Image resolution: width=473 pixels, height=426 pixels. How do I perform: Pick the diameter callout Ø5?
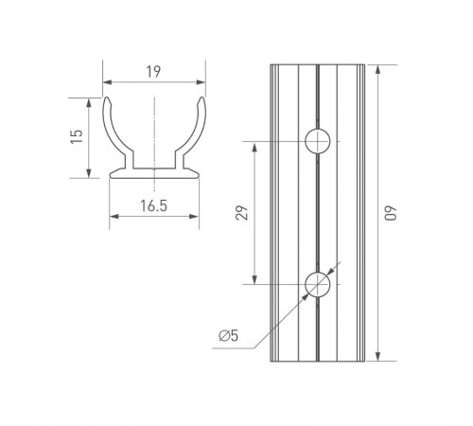pyautogui.click(x=228, y=335)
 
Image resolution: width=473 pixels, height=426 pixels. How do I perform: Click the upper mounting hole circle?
pyautogui.click(x=318, y=142)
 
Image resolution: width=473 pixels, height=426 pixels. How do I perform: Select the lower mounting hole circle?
pyautogui.click(x=318, y=283)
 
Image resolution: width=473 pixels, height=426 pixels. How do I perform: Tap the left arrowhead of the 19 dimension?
pyautogui.click(x=107, y=82)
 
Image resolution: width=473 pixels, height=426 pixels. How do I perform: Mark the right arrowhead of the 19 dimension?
pyautogui.click(x=201, y=82)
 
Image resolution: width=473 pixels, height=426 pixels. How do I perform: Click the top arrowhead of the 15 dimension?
pyautogui.click(x=90, y=100)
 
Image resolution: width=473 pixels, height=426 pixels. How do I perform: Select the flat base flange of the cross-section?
pyautogui.click(x=154, y=174)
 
